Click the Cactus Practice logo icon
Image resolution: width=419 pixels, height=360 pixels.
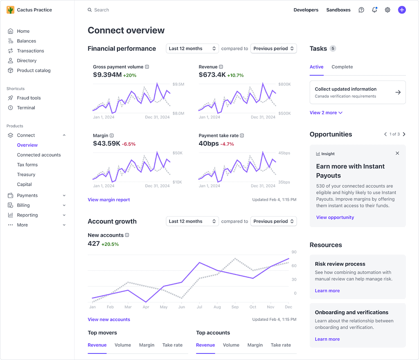click(11, 10)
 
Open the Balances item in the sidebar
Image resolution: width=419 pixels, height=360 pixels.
click(26, 41)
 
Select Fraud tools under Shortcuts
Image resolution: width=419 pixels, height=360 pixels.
click(29, 98)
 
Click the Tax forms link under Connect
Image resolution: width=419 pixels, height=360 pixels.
click(27, 164)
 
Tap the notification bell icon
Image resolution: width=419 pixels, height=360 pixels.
click(374, 10)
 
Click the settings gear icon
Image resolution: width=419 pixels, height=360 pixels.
click(387, 10)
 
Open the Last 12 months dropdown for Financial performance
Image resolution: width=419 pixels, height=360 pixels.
click(192, 48)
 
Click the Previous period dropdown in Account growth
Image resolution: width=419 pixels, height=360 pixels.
click(273, 221)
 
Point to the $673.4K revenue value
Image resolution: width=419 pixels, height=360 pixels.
click(212, 74)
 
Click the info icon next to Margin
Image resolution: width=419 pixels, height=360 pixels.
click(112, 135)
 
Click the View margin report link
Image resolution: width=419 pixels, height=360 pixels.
click(108, 200)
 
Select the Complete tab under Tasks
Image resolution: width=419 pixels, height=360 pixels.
click(342, 67)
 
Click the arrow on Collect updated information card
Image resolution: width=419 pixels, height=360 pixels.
click(398, 92)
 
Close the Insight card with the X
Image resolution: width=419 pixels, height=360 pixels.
click(397, 153)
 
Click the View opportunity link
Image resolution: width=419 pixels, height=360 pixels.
click(335, 217)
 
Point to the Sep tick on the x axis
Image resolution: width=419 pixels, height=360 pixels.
click(235, 307)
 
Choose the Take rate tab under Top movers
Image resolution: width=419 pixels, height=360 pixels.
click(172, 345)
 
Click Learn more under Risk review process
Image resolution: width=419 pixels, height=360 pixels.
click(327, 290)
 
